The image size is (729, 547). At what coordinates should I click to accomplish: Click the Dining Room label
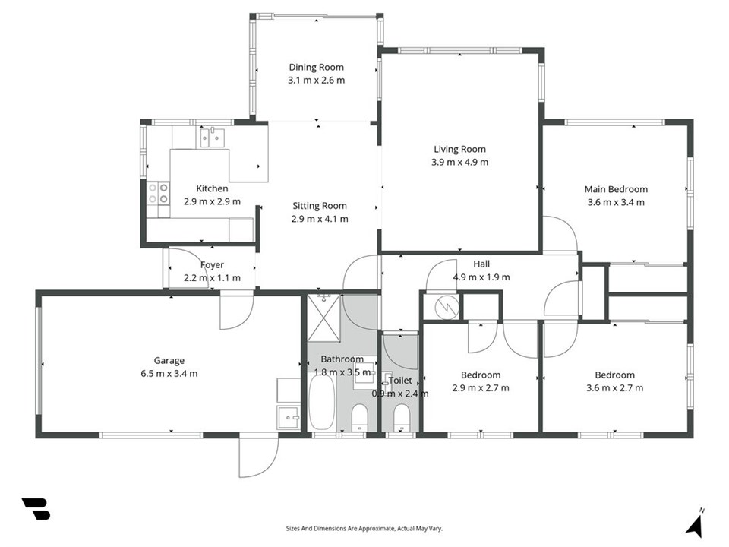pyautogui.click(x=316, y=67)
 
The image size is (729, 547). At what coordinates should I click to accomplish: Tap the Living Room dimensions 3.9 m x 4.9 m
pyautogui.click(x=460, y=162)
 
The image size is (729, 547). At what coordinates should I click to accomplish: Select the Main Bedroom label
pyautogui.click(x=616, y=189)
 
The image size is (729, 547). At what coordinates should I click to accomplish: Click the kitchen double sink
pyautogui.click(x=212, y=138)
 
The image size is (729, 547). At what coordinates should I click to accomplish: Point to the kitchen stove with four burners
pyautogui.click(x=158, y=194)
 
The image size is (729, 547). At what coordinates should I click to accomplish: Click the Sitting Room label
pyautogui.click(x=320, y=206)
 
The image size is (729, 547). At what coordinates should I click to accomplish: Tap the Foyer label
pyautogui.click(x=212, y=264)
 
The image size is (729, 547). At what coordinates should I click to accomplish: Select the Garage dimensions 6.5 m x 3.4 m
pyautogui.click(x=169, y=373)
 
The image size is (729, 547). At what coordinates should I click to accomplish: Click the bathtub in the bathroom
pyautogui.click(x=322, y=402)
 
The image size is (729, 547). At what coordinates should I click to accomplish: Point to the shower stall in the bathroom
pyautogui.click(x=324, y=318)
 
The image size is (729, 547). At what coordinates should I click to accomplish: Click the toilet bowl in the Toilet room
pyautogui.click(x=401, y=417)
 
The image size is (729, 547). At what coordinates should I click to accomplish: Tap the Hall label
pyautogui.click(x=481, y=264)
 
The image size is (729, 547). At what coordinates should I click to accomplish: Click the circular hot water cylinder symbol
pyautogui.click(x=447, y=306)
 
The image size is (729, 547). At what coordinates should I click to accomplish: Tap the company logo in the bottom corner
pyautogui.click(x=36, y=509)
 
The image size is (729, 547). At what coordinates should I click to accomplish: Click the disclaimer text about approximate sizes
pyautogui.click(x=364, y=529)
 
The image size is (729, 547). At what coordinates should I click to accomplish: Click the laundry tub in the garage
pyautogui.click(x=289, y=418)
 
